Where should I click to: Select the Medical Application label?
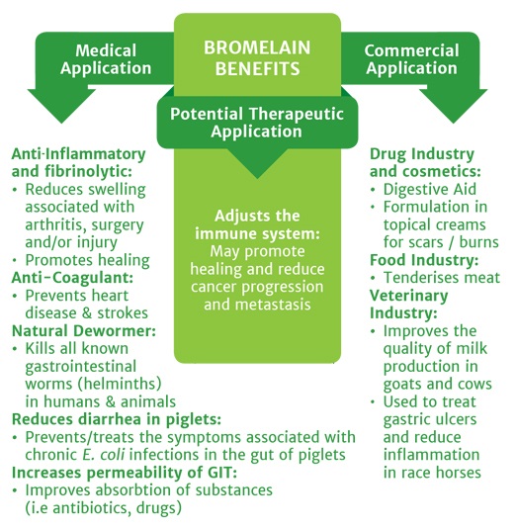[105, 59]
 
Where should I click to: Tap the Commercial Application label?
[410, 59]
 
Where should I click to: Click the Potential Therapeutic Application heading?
[256, 122]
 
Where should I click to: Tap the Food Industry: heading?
[424, 260]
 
